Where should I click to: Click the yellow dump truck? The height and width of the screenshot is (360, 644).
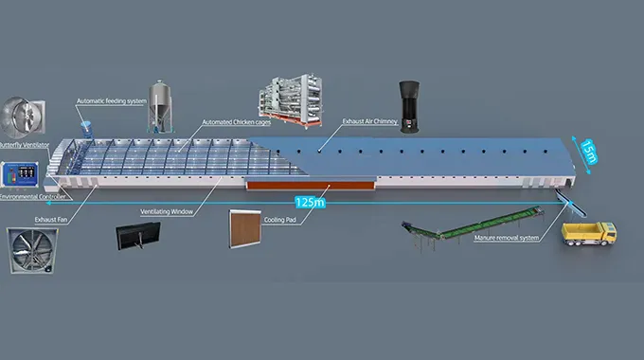coord(589,233)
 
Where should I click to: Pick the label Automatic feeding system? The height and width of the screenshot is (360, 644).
coord(112,99)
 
